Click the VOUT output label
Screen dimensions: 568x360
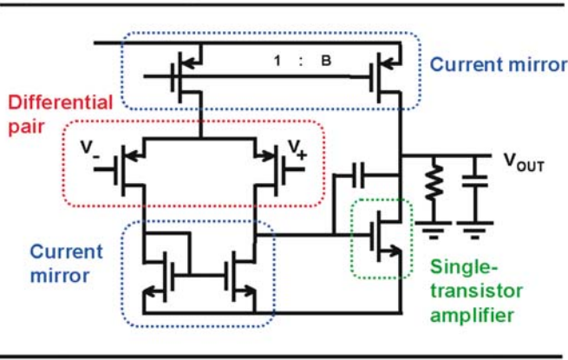coord(524,163)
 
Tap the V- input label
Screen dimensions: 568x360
coord(89,149)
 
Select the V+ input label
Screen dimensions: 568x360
coord(297,149)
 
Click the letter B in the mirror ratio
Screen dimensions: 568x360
coord(326,60)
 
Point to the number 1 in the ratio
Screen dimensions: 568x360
coord(277,60)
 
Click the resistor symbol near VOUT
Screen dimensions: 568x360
coord(434,182)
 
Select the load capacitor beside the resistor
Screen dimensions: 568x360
coord(475,181)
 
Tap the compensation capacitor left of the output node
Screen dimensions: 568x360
coord(358,175)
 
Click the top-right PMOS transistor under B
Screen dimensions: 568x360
coord(385,77)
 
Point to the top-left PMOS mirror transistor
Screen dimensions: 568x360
coord(186,77)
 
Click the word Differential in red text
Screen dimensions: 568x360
coord(61,102)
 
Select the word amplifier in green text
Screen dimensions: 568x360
coord(472,316)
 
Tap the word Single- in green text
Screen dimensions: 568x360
coord(464,267)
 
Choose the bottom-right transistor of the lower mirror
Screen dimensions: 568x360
coord(240,277)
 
